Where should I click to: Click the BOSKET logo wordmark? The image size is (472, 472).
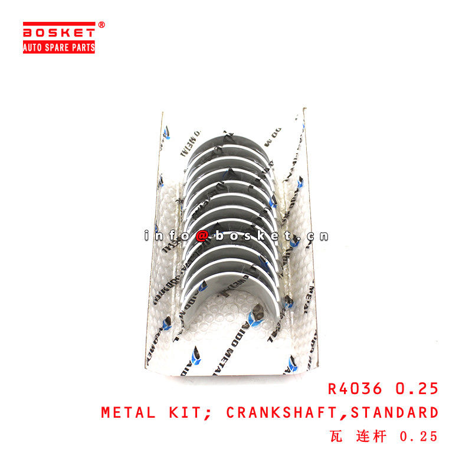pyautogui.click(x=59, y=31)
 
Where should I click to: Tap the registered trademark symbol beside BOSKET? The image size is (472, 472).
pyautogui.click(x=101, y=25)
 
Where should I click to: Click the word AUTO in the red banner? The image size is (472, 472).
pyautogui.click(x=34, y=47)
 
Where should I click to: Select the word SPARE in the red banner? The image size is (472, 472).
pyautogui.click(x=59, y=47)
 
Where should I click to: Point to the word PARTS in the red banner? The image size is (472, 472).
pyautogui.click(x=83, y=47)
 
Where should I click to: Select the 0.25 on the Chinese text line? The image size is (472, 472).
pyautogui.click(x=419, y=437)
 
